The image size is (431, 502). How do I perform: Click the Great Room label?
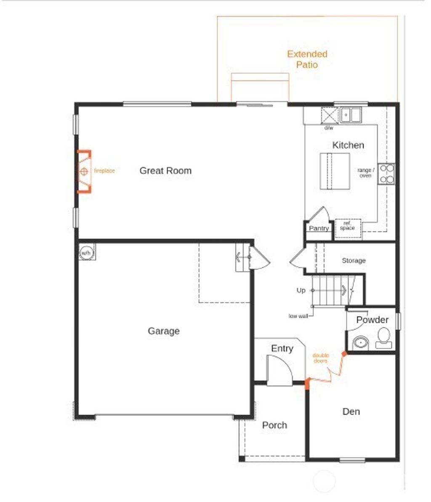click(x=165, y=171)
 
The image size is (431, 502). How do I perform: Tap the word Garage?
click(x=164, y=331)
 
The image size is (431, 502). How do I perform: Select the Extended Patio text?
click(x=307, y=59)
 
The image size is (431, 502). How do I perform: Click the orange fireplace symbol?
click(x=84, y=171)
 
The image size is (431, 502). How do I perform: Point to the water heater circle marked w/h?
click(x=86, y=253)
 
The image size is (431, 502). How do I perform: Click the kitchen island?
click(x=335, y=171)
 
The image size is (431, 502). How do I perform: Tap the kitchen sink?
click(x=351, y=115)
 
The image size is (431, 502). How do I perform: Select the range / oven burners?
click(x=386, y=174)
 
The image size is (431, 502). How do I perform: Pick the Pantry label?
click(x=319, y=228)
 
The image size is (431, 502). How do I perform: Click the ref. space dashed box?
click(x=348, y=228)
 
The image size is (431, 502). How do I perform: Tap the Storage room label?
click(x=354, y=261)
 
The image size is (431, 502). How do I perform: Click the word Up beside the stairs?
click(x=301, y=291)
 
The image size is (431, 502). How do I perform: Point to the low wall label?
click(x=298, y=315)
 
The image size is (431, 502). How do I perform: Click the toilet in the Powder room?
click(x=383, y=338)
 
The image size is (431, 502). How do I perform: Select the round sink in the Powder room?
click(x=360, y=342)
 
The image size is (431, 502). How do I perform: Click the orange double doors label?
click(x=321, y=358)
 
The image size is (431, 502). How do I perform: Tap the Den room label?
click(x=351, y=411)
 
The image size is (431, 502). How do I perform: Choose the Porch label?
click(x=274, y=425)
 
